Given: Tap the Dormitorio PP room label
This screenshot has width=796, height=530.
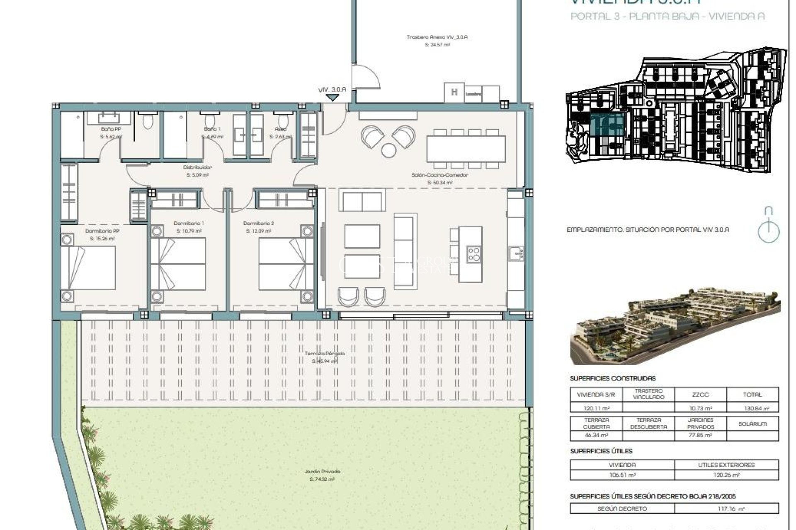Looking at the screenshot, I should (x=102, y=231).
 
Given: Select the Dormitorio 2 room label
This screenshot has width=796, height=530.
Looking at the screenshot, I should (x=259, y=224).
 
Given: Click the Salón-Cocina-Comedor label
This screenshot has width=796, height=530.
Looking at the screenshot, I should (x=439, y=175).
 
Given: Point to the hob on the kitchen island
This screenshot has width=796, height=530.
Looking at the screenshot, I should (x=474, y=254).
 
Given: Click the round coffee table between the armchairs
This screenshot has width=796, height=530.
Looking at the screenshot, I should (x=389, y=150).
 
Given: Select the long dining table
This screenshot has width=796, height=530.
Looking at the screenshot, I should (x=466, y=149).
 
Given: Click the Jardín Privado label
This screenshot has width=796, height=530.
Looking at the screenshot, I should (x=322, y=472).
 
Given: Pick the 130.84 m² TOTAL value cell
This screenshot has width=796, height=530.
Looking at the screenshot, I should (x=752, y=408).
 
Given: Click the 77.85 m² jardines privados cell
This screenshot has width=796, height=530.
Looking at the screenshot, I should (x=700, y=436).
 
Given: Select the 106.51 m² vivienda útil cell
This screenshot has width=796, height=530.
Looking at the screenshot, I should (x=622, y=475).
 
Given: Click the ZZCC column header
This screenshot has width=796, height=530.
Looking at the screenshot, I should (x=700, y=395).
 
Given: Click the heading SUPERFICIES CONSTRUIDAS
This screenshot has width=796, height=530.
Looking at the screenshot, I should (x=613, y=378).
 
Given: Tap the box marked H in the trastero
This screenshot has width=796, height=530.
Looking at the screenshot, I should (x=454, y=92).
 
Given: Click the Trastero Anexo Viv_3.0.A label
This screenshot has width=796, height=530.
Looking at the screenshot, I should (x=437, y=37).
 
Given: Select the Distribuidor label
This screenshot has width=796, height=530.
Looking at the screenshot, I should (x=197, y=168).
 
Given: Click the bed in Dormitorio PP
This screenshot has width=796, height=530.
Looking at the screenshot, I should (x=88, y=268).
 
